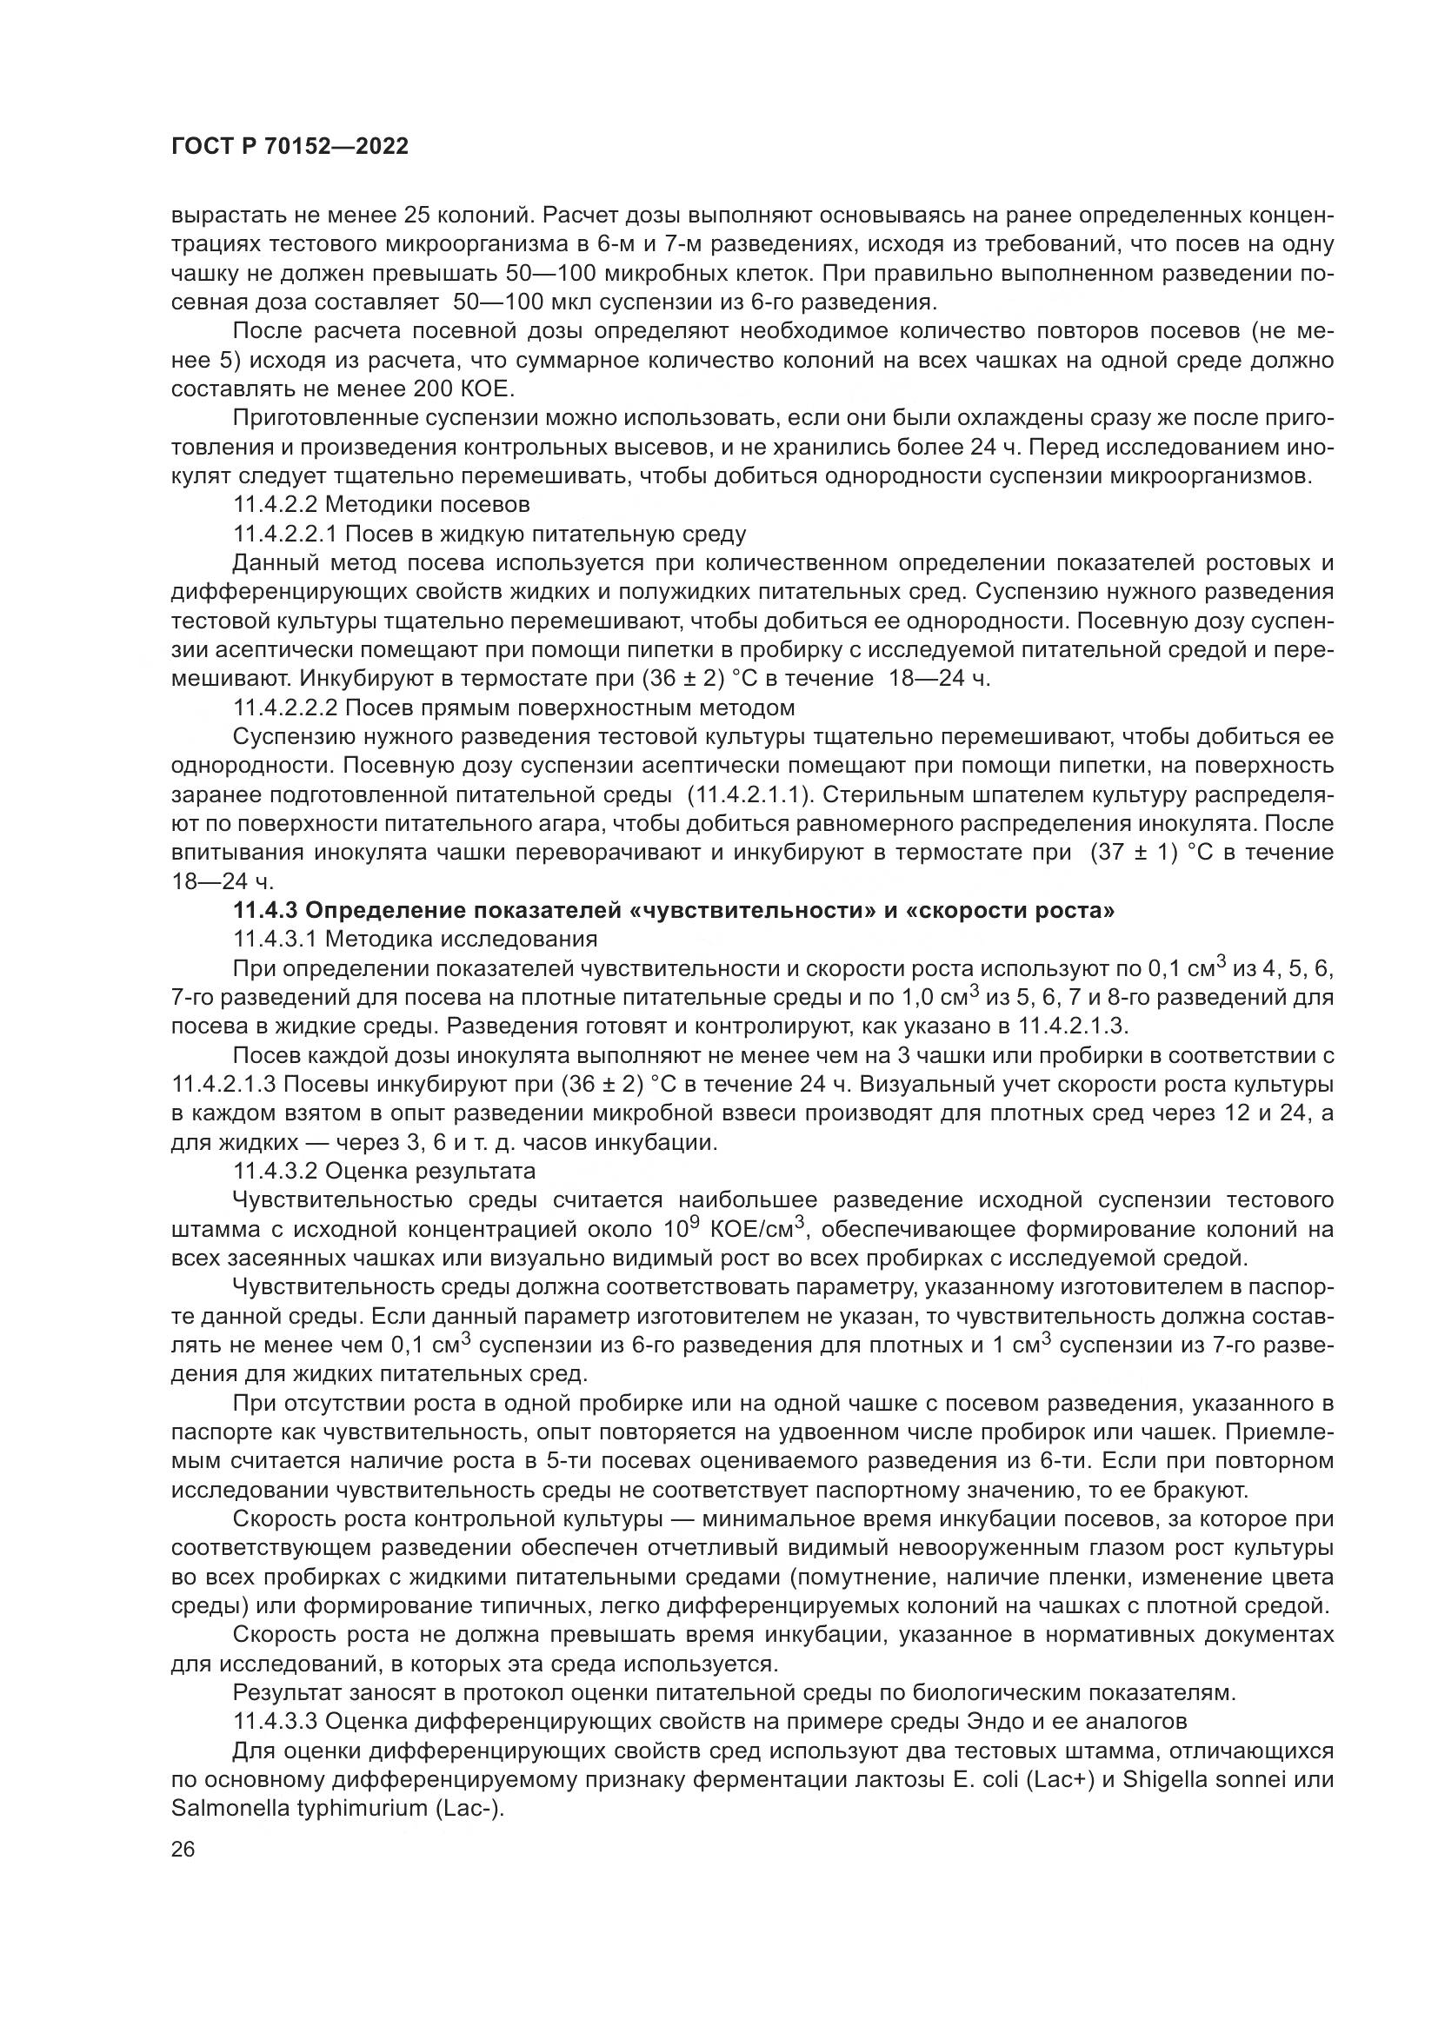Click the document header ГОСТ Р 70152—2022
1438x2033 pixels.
290,147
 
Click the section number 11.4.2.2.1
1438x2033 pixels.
283,534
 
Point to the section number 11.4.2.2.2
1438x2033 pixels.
283,708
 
